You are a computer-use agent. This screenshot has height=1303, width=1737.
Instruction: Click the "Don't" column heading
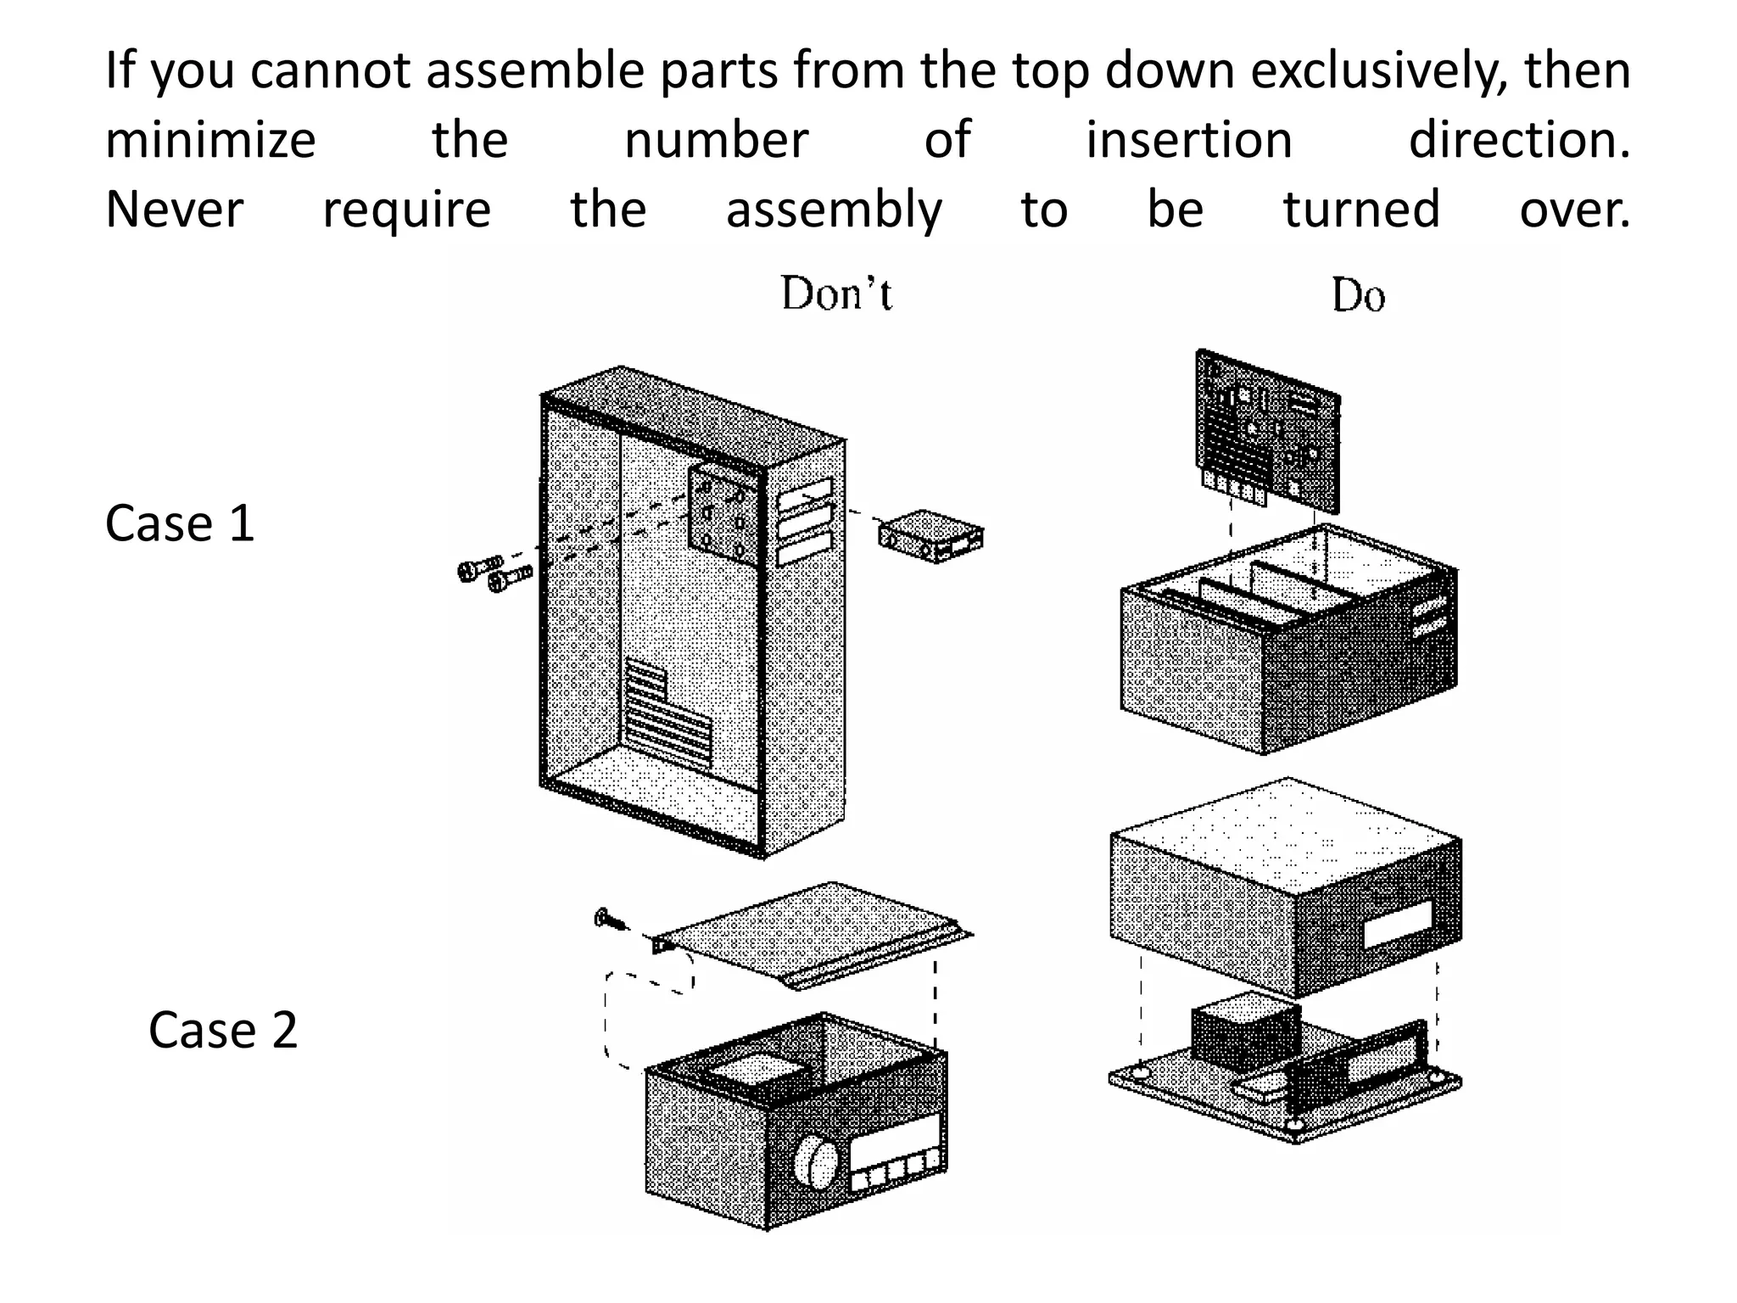835,294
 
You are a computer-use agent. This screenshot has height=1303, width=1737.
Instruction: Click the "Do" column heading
1357,296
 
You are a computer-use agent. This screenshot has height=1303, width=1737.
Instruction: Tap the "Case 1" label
180,523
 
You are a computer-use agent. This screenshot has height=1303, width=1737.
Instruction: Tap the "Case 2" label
223,1030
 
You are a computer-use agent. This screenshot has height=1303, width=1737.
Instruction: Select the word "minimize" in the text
210,140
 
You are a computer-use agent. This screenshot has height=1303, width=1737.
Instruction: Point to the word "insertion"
1189,140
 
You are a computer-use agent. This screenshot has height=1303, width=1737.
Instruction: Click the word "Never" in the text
174,210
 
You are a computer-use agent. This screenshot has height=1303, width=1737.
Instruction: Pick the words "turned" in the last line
1361,210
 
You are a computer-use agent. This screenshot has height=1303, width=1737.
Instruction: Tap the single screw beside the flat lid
609,919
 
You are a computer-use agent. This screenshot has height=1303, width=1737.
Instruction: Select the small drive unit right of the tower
930,537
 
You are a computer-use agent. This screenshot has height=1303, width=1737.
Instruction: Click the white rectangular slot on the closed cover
1397,925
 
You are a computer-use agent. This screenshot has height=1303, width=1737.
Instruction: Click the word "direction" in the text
1518,140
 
